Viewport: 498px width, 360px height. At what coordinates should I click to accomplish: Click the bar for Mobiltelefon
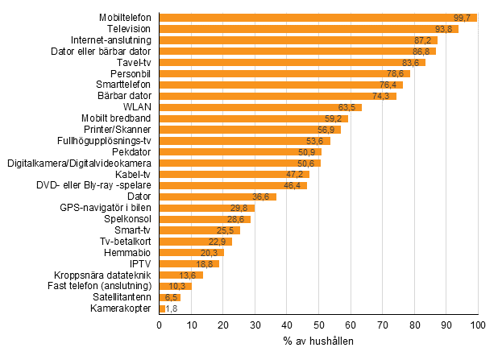tap(318, 18)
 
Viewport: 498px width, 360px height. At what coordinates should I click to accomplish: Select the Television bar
tap(309, 29)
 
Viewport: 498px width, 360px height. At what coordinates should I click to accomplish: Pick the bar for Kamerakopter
tap(162, 308)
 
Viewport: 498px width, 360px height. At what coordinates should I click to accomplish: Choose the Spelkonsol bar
tap(205, 218)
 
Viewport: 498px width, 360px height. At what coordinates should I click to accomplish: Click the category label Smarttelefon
tap(125, 85)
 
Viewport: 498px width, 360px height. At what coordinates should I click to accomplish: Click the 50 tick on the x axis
tap(319, 325)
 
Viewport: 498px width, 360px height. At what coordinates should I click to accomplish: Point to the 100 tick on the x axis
tap(478, 325)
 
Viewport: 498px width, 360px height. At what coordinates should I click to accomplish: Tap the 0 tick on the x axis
tap(160, 325)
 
